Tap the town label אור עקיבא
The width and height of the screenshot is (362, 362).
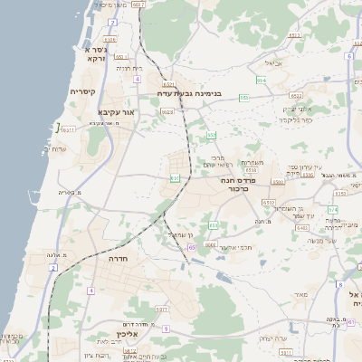point(115,111)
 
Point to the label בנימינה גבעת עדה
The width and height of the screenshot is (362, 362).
point(203,93)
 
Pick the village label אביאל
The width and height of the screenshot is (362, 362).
point(273,63)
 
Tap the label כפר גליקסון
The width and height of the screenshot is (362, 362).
point(295,119)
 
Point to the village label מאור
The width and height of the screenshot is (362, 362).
point(301,294)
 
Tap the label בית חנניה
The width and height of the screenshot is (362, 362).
point(130,68)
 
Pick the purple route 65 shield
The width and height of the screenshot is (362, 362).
point(191,246)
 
